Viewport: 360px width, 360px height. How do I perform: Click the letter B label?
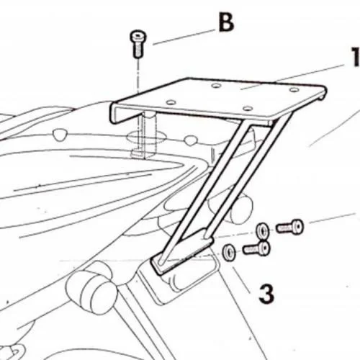coord(226,23)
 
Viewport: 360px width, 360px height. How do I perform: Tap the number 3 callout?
coord(266,294)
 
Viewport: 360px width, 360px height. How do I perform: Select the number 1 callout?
coord(355,57)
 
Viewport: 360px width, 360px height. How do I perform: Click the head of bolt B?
coord(138,37)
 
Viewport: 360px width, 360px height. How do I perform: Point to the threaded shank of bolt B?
coord(138,50)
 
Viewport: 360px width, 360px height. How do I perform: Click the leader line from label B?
coord(184,37)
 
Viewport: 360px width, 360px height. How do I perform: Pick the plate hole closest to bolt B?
coord(171,102)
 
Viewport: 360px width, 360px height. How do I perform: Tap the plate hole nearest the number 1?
coord(294,90)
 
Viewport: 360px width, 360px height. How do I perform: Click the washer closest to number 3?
coord(229,253)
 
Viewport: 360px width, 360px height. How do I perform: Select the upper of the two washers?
coord(262,231)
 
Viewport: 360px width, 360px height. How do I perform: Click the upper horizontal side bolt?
coord(290,227)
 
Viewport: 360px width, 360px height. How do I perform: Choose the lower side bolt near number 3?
coord(256,248)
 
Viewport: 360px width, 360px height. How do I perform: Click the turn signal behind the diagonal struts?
coord(236,207)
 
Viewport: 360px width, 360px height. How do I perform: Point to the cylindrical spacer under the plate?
coord(148,135)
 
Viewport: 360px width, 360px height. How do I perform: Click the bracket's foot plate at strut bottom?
coord(182,252)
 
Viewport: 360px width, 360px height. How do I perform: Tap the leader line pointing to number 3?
coord(241,279)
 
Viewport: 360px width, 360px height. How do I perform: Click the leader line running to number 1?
coord(292,77)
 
